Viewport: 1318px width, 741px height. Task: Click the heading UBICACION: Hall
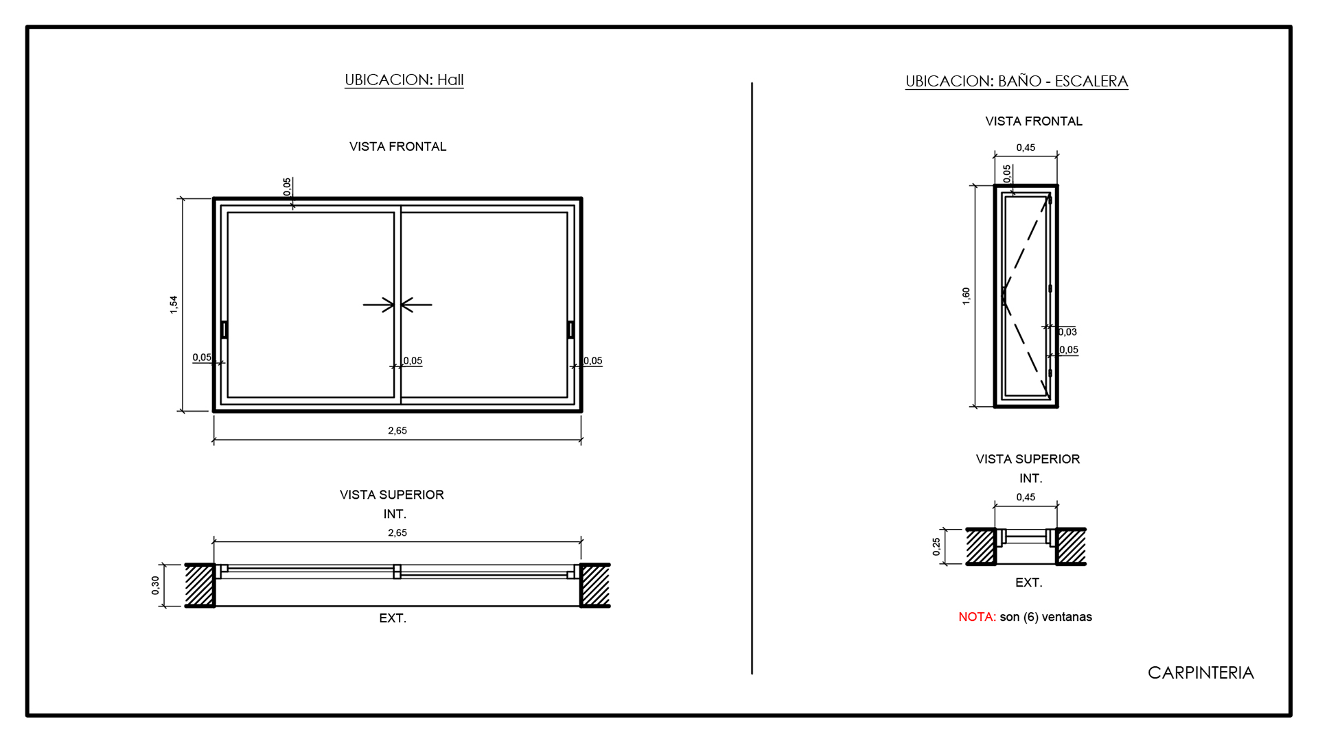click(x=404, y=80)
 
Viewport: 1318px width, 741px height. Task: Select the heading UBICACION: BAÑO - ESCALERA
click(x=1017, y=81)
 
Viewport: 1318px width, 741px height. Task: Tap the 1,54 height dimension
click(x=174, y=305)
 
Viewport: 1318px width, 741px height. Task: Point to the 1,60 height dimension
click(x=966, y=296)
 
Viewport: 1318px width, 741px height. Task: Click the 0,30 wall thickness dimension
click(x=155, y=585)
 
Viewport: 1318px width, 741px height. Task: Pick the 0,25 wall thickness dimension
click(x=936, y=547)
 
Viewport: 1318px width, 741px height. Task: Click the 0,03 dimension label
click(x=1067, y=332)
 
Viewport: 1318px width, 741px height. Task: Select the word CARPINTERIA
click(x=1201, y=672)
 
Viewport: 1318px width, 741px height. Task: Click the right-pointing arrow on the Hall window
click(x=379, y=305)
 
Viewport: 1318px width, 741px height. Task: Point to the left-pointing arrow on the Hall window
click(x=417, y=305)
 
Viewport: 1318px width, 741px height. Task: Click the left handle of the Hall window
click(x=224, y=329)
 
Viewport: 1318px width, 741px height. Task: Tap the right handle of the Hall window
click(x=570, y=329)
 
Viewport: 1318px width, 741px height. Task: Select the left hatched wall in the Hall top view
click(x=200, y=585)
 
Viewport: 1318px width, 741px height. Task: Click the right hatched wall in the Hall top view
click(x=595, y=585)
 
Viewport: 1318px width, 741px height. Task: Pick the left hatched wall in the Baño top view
click(x=981, y=547)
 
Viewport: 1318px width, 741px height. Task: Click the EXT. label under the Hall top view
click(x=393, y=618)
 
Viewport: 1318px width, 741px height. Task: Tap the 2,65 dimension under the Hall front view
click(x=397, y=431)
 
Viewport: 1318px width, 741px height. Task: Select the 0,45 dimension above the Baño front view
click(x=1026, y=148)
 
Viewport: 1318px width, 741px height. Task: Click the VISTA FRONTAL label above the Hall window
click(x=398, y=146)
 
